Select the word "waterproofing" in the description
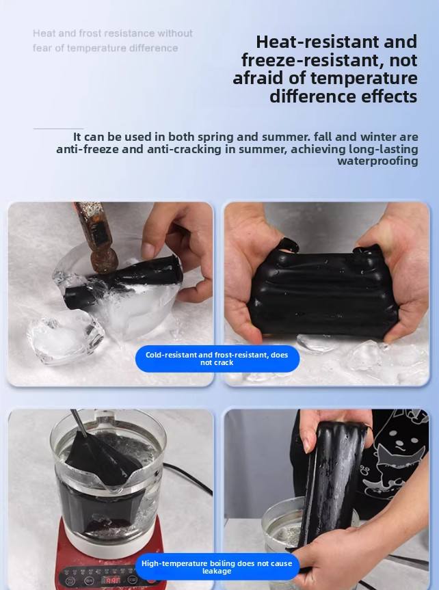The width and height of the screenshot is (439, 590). click(377, 161)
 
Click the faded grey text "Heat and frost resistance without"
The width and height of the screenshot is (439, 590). click(113, 33)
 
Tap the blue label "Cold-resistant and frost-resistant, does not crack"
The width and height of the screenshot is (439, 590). click(217, 359)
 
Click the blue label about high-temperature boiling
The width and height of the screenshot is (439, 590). click(217, 567)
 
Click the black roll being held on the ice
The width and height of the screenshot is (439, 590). click(122, 280)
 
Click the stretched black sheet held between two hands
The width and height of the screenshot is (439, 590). click(322, 293)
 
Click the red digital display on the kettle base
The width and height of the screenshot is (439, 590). click(112, 580)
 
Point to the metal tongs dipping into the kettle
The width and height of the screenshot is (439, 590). click(79, 423)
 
